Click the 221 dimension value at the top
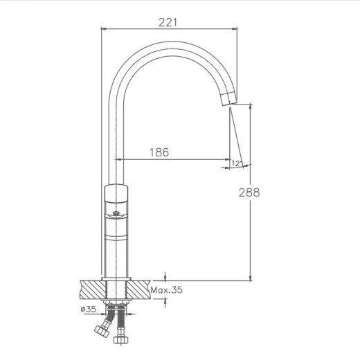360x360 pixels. coord(168,21)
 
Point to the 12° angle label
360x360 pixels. coord(237,163)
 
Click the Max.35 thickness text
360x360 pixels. coord(167,291)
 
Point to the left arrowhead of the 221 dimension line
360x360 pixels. coord(105,29)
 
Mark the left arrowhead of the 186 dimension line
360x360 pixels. coord(127,160)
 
